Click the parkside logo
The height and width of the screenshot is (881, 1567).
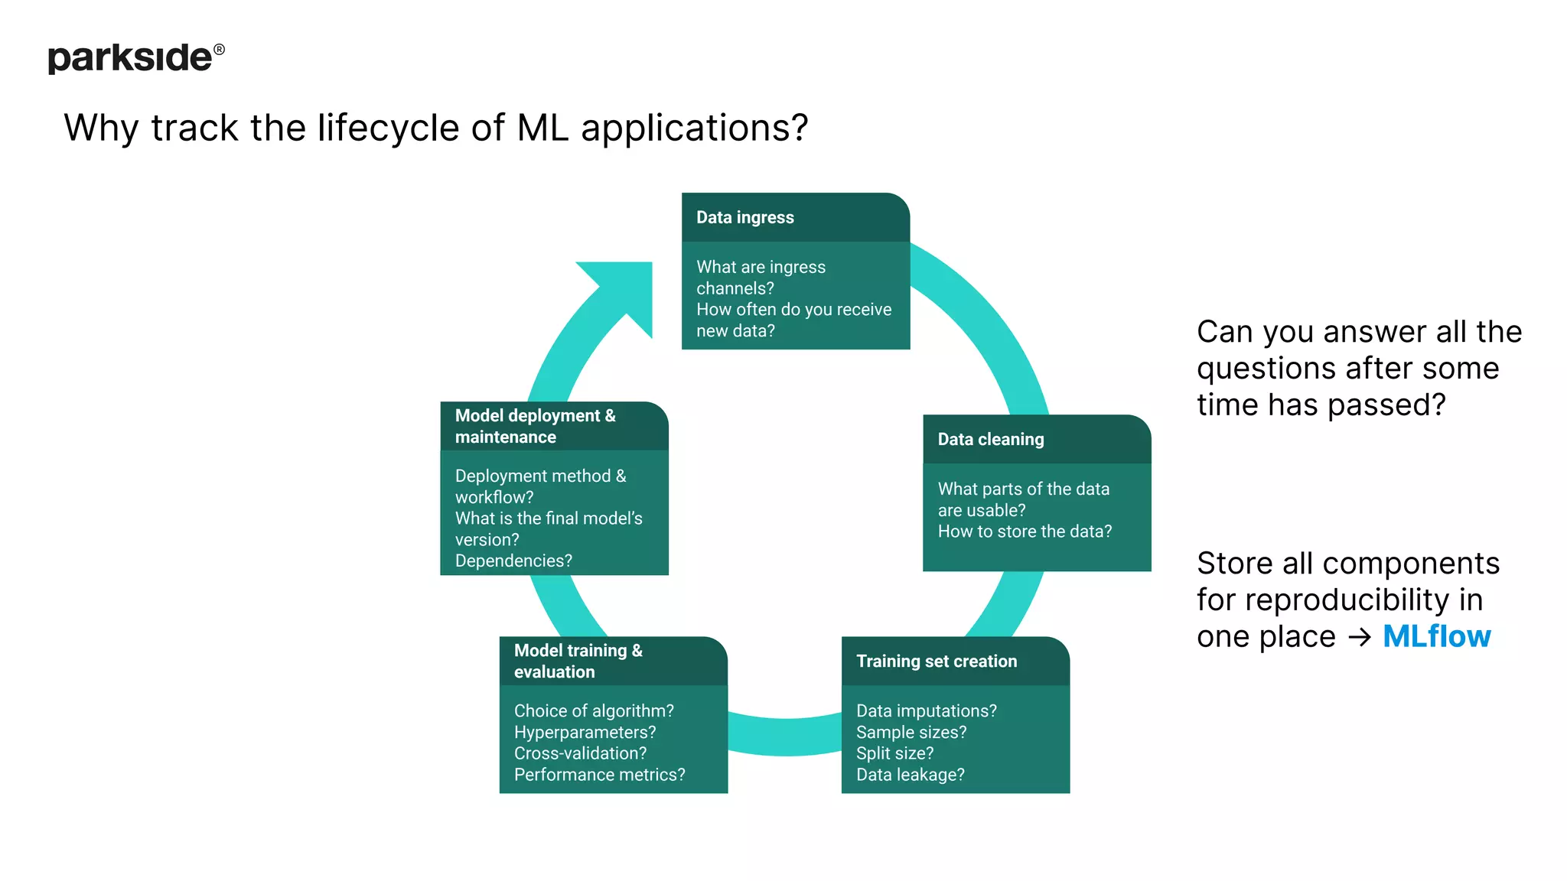pyautogui.click(x=130, y=58)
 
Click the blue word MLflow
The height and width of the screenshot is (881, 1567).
pyautogui.click(x=1436, y=636)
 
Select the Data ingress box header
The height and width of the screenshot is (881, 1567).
pyautogui.click(x=744, y=218)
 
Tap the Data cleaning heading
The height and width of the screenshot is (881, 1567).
pyautogui.click(x=990, y=440)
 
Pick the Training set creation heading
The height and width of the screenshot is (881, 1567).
pyautogui.click(x=936, y=662)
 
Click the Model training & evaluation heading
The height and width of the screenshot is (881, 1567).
pyautogui.click(x=578, y=661)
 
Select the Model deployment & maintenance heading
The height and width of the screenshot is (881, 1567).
pyautogui.click(x=535, y=426)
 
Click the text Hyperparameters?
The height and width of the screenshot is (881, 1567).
pyautogui.click(x=585, y=733)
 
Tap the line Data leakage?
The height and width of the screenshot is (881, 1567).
pyautogui.click(x=910, y=775)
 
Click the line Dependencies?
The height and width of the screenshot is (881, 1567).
pyautogui.click(x=513, y=561)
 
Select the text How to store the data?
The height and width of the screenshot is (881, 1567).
pyautogui.click(x=1025, y=532)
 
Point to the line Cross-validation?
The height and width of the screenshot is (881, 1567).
pyautogui.click(x=580, y=753)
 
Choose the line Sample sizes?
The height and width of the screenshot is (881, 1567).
pyautogui.click(x=911, y=733)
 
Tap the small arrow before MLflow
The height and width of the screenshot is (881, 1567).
pyautogui.click(x=1360, y=637)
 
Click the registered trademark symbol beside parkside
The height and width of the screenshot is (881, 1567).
pyautogui.click(x=219, y=49)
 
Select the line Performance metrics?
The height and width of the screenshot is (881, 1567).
pyautogui.click(x=599, y=775)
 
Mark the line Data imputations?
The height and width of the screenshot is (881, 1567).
pyautogui.click(x=926, y=711)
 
